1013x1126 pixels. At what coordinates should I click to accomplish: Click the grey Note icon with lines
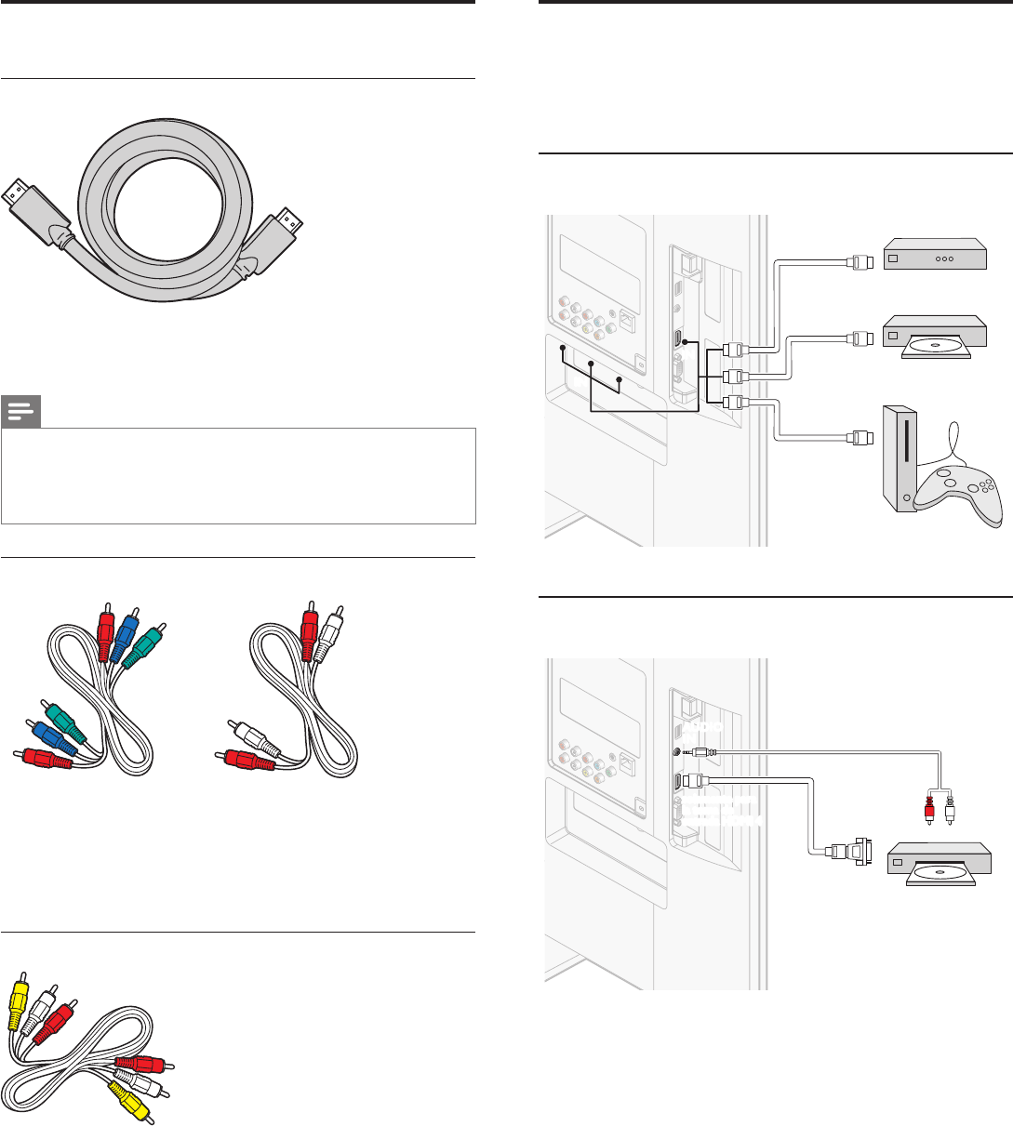[20, 412]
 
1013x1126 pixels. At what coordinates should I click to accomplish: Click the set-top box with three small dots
[934, 253]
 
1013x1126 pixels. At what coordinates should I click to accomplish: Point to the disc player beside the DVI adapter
[939, 864]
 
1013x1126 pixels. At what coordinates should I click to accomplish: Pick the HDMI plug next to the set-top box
[860, 261]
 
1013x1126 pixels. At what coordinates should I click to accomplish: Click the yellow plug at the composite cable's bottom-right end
[129, 1103]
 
